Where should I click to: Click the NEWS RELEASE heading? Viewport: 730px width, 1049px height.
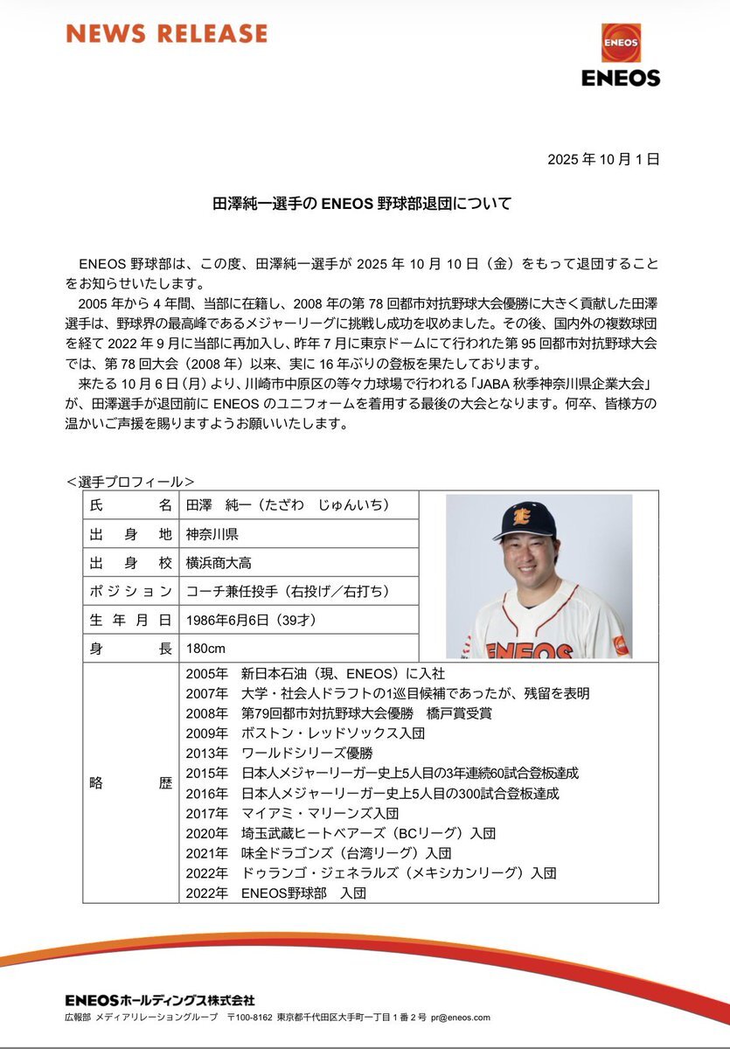click(166, 34)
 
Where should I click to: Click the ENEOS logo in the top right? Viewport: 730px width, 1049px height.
click(621, 55)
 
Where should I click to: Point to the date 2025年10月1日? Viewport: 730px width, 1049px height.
click(602, 159)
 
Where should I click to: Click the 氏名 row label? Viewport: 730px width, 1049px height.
click(130, 505)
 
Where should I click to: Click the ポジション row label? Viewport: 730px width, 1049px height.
click(130, 592)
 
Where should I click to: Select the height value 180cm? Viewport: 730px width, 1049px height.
click(206, 650)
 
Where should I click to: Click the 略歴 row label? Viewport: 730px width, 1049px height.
click(130, 782)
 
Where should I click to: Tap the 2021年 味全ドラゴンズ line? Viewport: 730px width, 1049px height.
click(319, 852)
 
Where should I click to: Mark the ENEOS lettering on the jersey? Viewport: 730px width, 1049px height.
click(529, 650)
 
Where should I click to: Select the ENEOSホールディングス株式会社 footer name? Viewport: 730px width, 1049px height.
click(160, 999)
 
